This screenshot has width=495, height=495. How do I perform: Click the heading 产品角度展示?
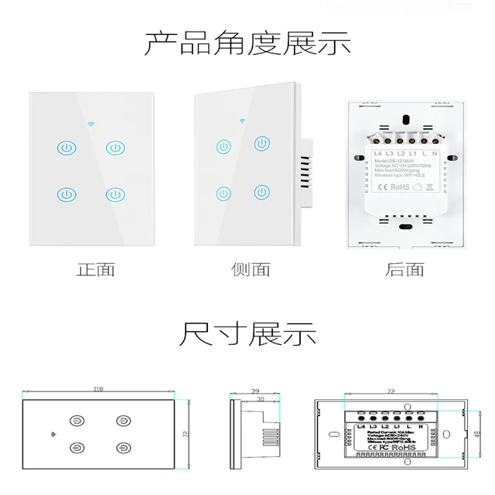coord(247,44)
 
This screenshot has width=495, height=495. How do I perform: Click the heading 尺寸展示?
coord(247,336)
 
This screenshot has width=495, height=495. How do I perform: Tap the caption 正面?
coord(96,270)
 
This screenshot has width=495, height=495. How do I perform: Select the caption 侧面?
coord(251,270)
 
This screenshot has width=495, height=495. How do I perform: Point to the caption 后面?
coord(405,270)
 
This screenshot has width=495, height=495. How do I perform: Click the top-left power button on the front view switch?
coord(66,146)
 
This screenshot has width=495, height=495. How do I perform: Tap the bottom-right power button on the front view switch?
coord(115,193)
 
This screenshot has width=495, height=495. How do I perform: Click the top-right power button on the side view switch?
coord(264,143)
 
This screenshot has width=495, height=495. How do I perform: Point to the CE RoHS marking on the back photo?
coord(395,186)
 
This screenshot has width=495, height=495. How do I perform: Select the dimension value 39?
coord(255,392)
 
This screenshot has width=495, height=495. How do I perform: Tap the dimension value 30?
coord(261,399)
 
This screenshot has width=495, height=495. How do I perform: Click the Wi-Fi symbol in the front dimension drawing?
coord(51,433)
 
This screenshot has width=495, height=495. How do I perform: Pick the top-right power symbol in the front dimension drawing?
coord(122,421)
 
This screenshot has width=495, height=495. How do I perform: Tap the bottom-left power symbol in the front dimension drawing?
coord(77,446)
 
